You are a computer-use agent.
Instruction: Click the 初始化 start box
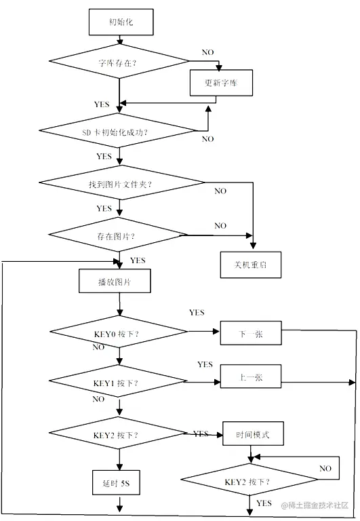(x=121, y=22)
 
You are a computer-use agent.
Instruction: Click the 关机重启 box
(x=250, y=265)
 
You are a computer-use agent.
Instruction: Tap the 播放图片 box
(x=115, y=281)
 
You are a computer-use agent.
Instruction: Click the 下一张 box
(x=250, y=334)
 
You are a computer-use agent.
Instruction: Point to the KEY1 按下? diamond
(x=119, y=383)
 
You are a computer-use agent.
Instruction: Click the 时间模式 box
(x=252, y=434)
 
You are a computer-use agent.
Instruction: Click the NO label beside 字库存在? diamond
(x=207, y=52)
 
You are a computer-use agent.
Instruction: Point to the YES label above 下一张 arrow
(x=197, y=313)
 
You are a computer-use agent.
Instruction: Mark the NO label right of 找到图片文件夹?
(x=220, y=191)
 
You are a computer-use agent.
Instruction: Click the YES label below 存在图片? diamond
(x=138, y=260)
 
